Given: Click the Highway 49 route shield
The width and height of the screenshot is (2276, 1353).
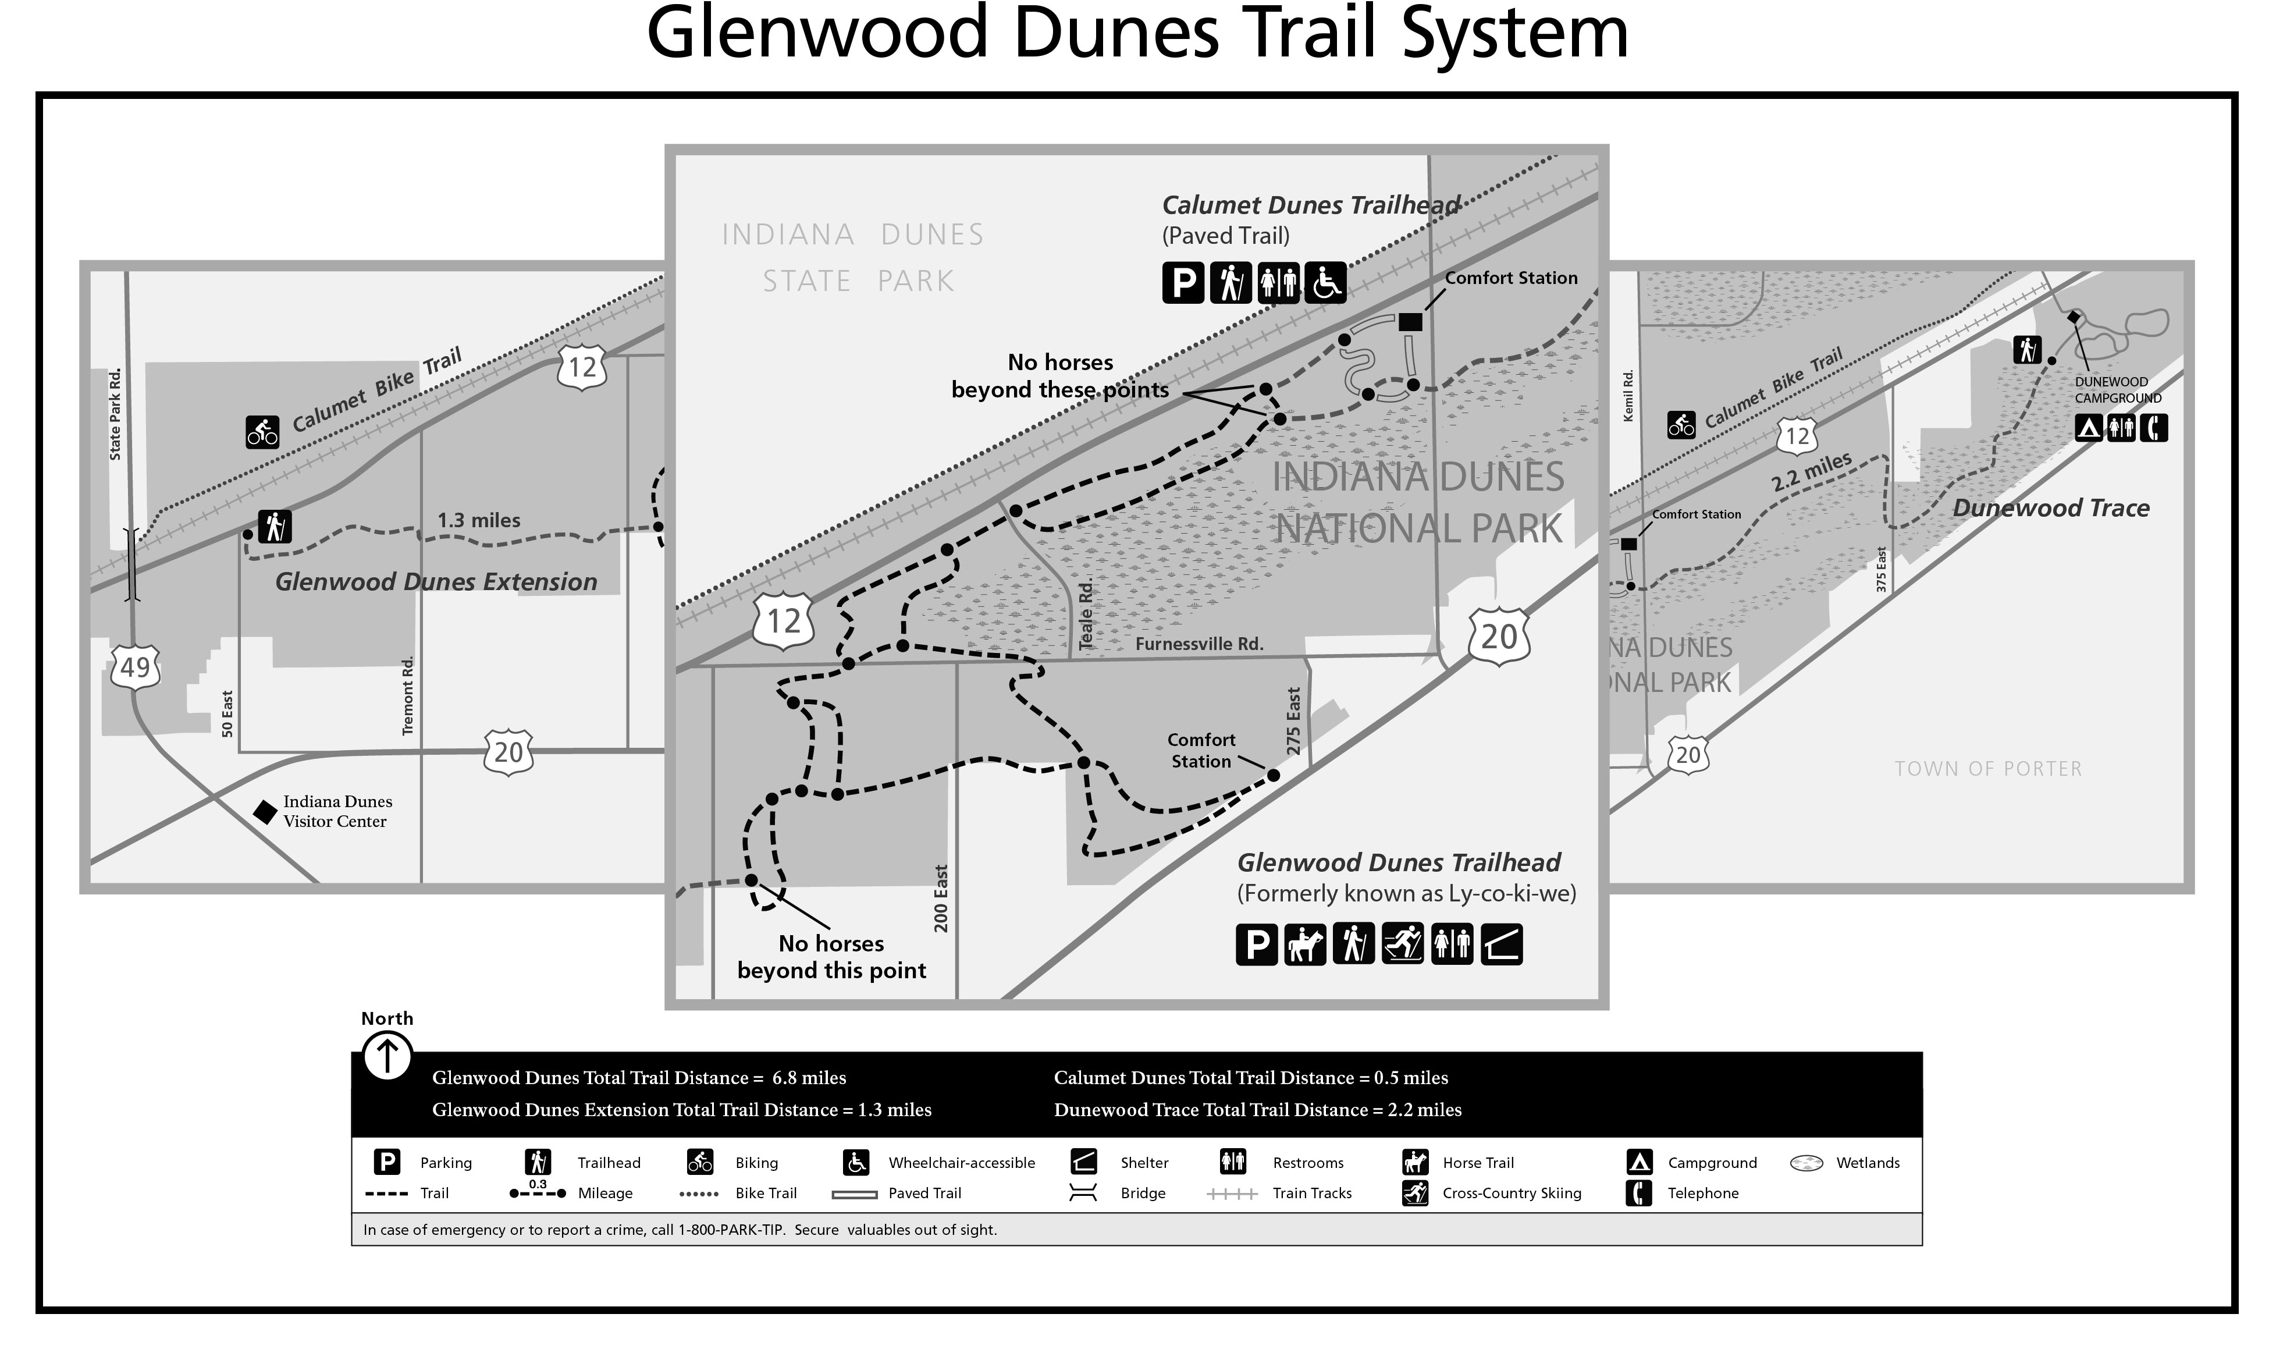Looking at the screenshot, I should point(135,667).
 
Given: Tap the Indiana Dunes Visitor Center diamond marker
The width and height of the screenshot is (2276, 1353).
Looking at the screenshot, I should point(264,811).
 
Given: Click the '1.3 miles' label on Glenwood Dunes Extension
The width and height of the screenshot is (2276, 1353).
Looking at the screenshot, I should point(479,521).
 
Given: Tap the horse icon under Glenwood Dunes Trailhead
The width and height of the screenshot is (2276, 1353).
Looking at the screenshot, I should point(1304,944).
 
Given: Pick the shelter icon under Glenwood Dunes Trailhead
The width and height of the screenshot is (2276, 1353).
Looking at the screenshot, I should point(1501,944).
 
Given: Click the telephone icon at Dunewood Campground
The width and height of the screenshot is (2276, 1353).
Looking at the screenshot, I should point(2154,428).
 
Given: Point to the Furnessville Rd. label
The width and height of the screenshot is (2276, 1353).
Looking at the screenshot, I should point(1199,644).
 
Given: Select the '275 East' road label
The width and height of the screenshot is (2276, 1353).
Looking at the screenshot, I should point(1293,720).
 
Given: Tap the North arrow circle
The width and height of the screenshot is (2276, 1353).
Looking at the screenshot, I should point(387,1057).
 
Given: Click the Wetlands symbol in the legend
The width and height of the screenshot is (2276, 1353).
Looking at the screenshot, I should point(1806,1163).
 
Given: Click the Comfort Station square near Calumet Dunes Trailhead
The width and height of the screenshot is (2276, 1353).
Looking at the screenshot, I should point(1410,322).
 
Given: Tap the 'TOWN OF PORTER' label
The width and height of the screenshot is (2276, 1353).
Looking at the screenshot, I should point(1988,769).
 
